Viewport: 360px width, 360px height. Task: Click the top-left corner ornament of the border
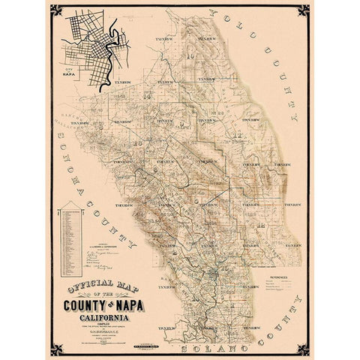(x=53, y=8)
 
